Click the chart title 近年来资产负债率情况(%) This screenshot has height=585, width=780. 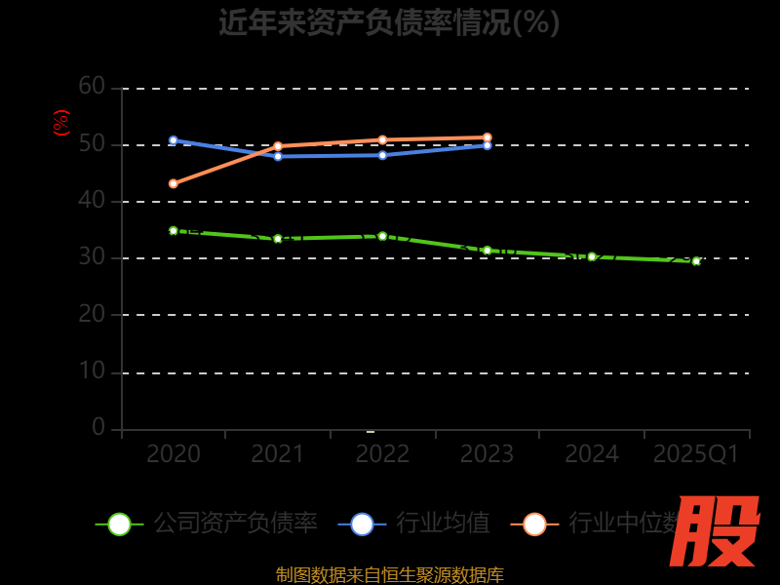(389, 21)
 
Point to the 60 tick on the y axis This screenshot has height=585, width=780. (92, 87)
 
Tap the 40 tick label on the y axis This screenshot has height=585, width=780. (92, 201)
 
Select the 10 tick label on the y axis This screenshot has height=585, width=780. (92, 371)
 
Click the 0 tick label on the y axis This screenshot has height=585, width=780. (97, 427)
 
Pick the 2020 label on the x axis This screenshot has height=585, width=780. (174, 454)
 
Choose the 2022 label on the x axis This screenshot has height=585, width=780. (382, 454)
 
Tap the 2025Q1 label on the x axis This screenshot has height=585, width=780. (696, 454)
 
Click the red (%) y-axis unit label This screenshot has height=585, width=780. (60, 123)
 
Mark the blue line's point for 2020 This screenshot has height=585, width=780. (174, 140)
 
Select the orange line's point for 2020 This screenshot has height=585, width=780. (174, 183)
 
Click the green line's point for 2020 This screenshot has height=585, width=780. (174, 231)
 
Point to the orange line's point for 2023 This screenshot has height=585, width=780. (487, 137)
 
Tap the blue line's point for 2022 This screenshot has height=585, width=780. (382, 155)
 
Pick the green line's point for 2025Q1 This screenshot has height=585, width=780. (696, 261)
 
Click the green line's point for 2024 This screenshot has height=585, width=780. (592, 256)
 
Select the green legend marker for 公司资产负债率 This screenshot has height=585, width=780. (119, 524)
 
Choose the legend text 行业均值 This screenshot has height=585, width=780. (443, 524)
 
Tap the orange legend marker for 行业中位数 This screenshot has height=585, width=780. (534, 524)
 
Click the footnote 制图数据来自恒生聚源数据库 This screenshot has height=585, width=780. (389, 575)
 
